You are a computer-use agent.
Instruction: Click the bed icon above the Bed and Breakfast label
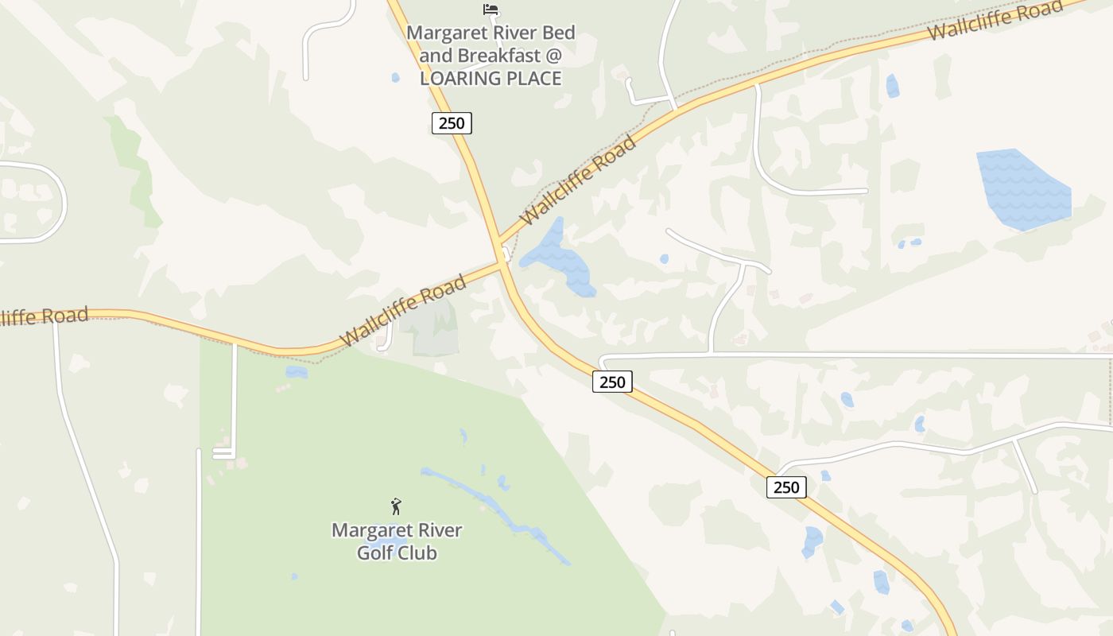click(x=491, y=10)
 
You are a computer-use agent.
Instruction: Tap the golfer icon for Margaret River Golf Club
click(x=396, y=506)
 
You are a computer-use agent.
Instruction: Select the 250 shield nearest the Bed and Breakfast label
click(x=452, y=123)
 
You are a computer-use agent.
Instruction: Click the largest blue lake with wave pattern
click(x=1023, y=190)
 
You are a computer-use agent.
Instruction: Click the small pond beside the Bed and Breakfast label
click(x=395, y=78)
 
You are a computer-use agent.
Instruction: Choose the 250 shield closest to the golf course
click(x=612, y=382)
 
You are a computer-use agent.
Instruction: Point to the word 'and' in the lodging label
click(x=435, y=56)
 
